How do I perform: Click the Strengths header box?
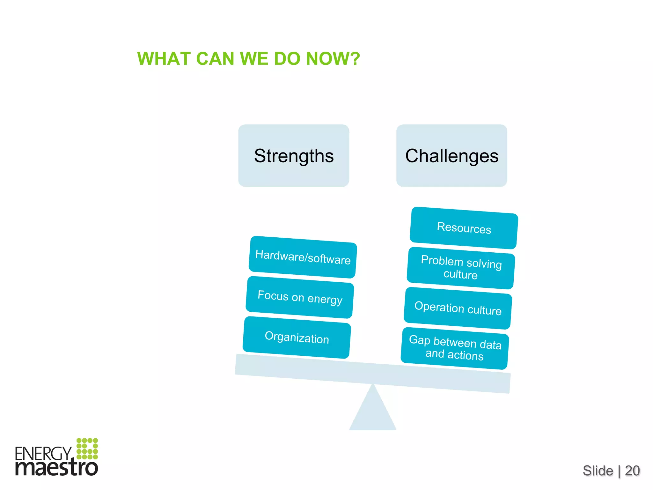tap(294, 156)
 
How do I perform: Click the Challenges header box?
tap(451, 156)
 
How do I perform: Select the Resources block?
tap(464, 228)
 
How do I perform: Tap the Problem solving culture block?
tap(461, 268)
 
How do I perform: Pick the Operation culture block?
tap(458, 308)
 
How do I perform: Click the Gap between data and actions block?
tap(455, 348)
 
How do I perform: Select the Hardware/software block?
tap(303, 257)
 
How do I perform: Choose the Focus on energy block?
tap(300, 297)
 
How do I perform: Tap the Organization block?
tap(297, 338)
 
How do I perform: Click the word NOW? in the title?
tap(333, 59)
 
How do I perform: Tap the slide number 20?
tap(632, 471)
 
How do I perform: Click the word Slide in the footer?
tap(598, 471)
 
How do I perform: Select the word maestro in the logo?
tap(57, 468)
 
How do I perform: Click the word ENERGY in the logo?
tap(43, 453)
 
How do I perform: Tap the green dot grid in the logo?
tap(87, 449)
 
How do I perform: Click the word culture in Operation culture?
tap(484, 310)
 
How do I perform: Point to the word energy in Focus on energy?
tap(325, 300)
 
